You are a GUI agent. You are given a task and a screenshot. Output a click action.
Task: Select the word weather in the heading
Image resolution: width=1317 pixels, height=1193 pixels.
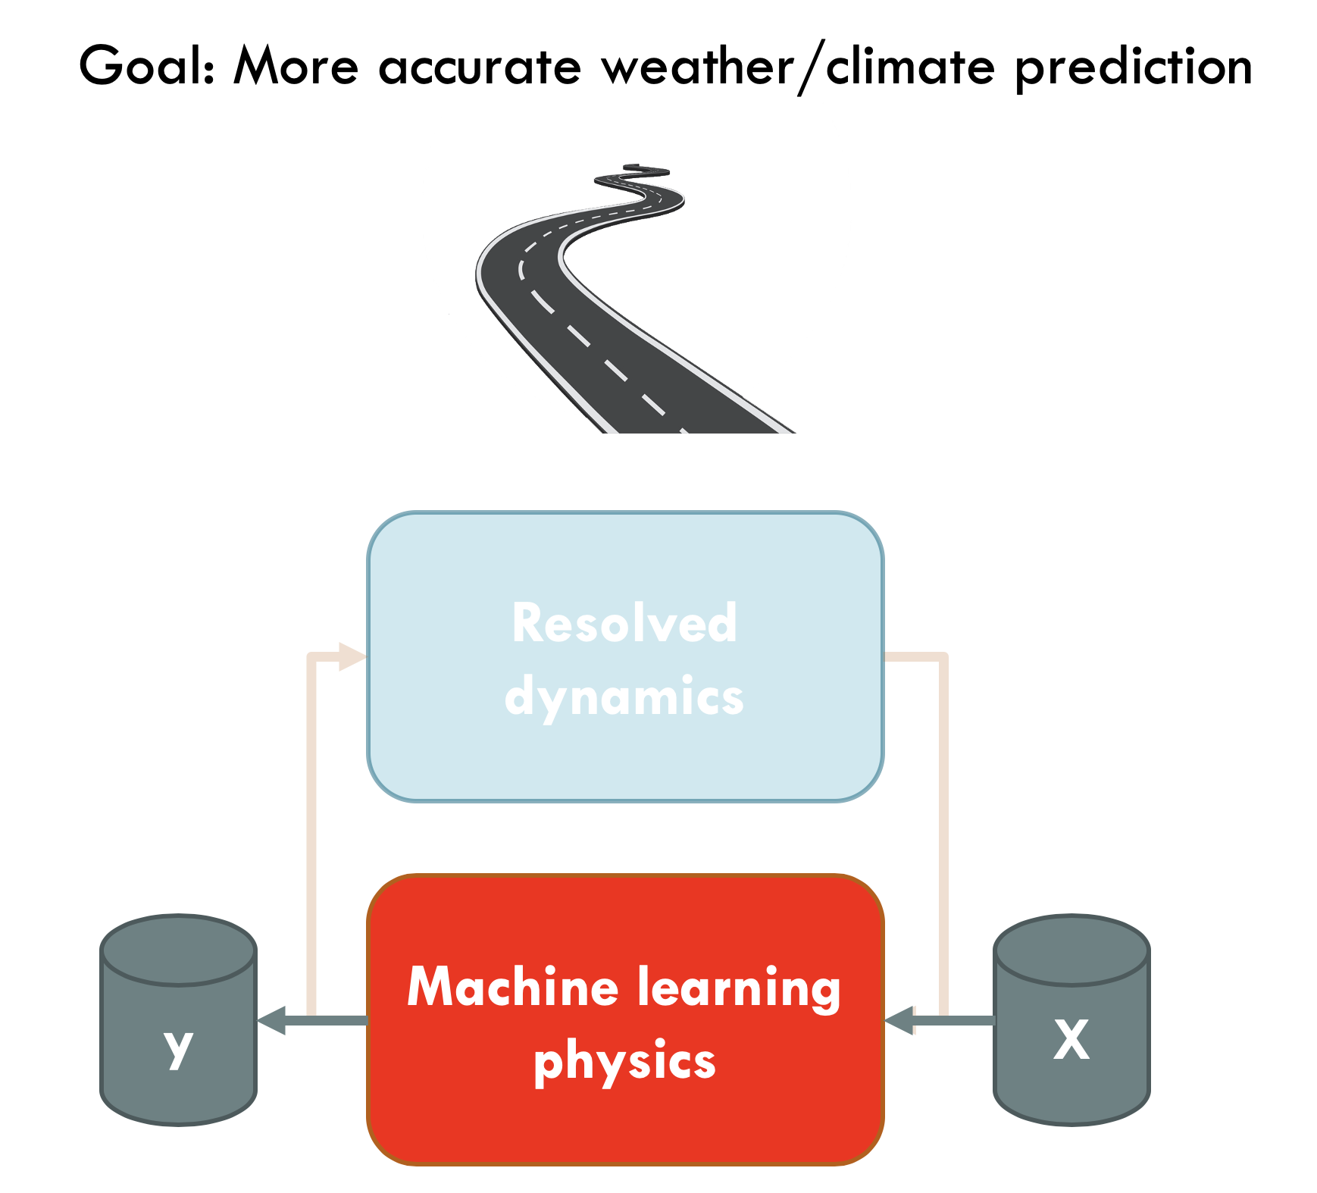tap(698, 65)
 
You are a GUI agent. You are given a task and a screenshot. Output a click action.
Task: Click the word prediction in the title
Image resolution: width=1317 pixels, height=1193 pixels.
tap(1134, 68)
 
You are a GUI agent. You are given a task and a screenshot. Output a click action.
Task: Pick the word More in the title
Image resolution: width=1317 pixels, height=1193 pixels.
tap(296, 66)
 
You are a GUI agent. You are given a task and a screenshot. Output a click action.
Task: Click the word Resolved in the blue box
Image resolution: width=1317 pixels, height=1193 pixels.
tap(624, 622)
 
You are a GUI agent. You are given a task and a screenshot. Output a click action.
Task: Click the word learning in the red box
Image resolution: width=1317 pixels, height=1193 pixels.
tap(739, 989)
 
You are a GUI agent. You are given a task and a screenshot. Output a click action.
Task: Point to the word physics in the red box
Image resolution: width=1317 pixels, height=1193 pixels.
tap(624, 1061)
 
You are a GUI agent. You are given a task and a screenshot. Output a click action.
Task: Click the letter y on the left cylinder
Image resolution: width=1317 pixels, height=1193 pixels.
tap(179, 1048)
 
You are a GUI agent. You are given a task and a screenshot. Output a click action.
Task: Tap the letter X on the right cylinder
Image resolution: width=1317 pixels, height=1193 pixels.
tap(1071, 1040)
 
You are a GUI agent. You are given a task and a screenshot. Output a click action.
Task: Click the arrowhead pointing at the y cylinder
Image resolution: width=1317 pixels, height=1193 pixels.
tap(271, 1020)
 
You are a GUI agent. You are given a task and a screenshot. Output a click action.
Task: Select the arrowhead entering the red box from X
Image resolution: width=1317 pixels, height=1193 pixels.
tap(899, 1020)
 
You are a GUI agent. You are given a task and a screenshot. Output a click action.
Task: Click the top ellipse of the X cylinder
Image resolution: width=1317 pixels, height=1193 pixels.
tap(1071, 950)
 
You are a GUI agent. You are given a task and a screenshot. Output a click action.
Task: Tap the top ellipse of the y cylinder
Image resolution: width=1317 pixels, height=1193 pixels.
tap(179, 950)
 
